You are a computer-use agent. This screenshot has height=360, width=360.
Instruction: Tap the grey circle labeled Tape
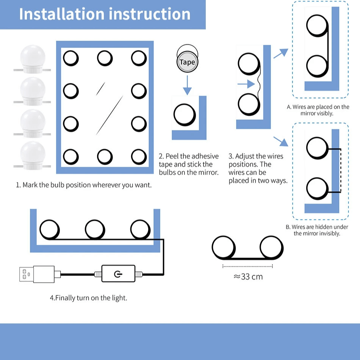click(x=187, y=62)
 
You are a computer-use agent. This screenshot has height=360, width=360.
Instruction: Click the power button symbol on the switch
click(x=118, y=274)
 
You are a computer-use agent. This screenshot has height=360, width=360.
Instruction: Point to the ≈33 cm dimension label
click(x=248, y=277)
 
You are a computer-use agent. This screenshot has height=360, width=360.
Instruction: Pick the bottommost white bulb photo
click(x=32, y=156)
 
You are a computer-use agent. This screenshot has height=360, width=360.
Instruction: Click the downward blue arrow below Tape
click(x=187, y=85)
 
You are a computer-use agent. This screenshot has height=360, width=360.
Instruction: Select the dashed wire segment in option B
click(x=341, y=171)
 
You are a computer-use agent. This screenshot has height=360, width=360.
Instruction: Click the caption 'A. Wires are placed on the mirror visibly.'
click(x=318, y=110)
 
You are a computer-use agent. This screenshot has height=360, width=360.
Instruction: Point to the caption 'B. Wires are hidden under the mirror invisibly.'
click(x=317, y=230)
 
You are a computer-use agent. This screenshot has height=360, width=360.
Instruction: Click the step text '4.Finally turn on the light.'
click(x=88, y=298)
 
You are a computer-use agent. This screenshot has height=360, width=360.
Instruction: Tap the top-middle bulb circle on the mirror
click(x=105, y=58)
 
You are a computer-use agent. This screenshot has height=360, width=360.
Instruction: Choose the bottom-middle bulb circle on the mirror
click(x=105, y=157)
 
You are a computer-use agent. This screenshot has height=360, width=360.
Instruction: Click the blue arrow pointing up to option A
click(x=280, y=53)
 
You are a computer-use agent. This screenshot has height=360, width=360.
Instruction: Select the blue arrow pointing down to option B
click(x=280, y=141)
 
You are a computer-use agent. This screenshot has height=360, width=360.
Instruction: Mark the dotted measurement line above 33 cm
click(x=247, y=266)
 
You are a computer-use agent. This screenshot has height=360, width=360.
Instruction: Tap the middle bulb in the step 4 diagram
click(x=95, y=230)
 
